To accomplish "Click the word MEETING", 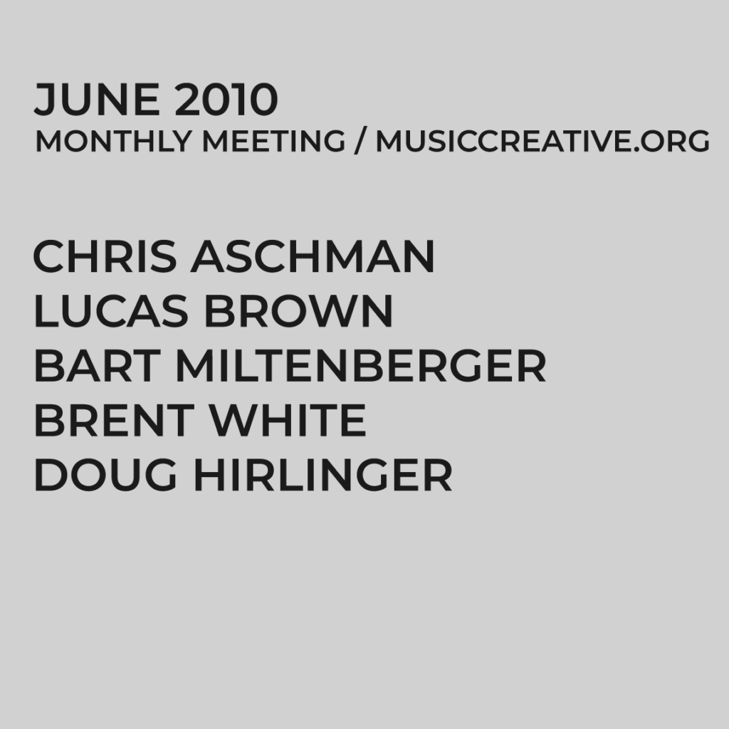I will pyautogui.click(x=274, y=142).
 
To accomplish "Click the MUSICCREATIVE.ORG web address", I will pyautogui.click(x=542, y=142).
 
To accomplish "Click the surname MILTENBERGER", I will pyautogui.click(x=360, y=367).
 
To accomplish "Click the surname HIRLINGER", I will pyautogui.click(x=322, y=476).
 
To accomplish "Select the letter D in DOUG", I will pyautogui.click(x=48, y=476).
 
